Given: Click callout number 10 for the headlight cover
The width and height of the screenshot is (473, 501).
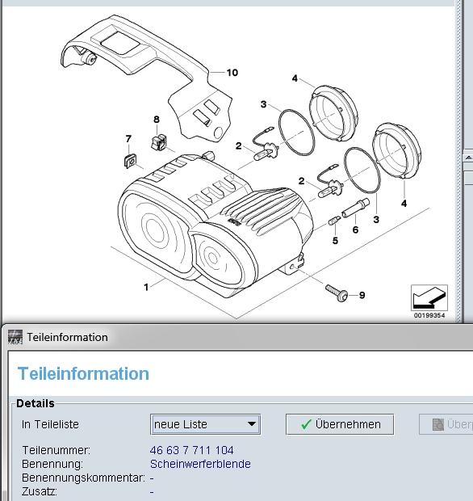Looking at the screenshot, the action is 232,73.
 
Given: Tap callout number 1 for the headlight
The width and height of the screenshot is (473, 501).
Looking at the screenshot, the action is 146,287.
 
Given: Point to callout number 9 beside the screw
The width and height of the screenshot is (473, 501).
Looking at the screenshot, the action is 362,295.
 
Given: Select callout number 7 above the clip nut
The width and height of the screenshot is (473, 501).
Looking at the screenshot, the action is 128,139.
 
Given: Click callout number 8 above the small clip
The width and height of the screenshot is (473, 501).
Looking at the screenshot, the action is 157,120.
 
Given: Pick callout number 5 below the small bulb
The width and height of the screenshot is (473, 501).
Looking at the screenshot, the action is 335,241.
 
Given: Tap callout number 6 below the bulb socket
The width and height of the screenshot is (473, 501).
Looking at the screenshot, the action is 355,229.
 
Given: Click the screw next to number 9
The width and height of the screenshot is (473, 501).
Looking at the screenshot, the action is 337,293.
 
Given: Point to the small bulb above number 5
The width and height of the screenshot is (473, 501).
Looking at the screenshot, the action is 334,221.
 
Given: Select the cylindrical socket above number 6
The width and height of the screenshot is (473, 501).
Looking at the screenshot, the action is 355,208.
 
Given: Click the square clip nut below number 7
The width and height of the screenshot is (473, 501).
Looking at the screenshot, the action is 130,161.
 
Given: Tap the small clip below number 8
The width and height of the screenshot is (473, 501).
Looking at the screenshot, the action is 159,142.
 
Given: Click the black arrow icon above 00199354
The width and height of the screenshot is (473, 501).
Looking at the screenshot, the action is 429,297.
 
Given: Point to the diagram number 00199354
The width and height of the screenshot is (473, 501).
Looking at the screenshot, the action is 429,315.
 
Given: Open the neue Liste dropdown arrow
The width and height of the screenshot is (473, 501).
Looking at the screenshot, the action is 252,424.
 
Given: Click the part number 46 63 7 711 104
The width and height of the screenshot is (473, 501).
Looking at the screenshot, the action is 192,450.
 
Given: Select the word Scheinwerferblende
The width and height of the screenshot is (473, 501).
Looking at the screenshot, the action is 200,464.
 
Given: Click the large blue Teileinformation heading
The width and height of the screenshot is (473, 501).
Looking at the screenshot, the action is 83,373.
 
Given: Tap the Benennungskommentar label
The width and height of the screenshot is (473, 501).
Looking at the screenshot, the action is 83,478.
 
